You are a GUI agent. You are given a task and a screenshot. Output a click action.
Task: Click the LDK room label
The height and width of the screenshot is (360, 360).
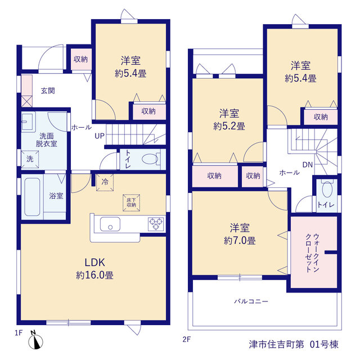coord(95,263)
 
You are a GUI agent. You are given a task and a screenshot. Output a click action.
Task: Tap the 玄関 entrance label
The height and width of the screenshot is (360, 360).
coord(48,91)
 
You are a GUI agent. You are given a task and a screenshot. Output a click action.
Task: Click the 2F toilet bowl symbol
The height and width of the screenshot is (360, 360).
coord(327,189)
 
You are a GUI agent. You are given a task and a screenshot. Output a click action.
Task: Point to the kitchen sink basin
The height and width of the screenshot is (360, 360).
coord(110,224)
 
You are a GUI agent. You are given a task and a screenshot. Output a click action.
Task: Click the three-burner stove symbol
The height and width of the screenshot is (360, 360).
coord(156,224)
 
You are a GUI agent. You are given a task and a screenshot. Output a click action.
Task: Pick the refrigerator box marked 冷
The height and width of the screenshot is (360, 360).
coord(105,182)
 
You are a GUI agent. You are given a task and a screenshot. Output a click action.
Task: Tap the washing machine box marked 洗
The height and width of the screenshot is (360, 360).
coord(30,159)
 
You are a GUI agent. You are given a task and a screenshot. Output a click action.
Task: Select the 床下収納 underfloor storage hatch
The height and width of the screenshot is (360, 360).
coord(131,202)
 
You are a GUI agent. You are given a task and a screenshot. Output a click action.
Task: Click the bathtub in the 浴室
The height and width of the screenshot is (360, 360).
coord(32,197)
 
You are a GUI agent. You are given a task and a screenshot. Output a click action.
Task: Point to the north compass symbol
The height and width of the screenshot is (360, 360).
coord(35,340)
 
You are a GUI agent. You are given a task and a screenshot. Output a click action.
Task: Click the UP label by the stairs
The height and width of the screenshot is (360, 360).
coord(100,136)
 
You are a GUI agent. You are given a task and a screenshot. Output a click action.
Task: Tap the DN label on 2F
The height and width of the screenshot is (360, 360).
coord(308,165)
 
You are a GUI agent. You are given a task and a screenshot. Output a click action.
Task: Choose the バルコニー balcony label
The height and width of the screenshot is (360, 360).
coord(251,301)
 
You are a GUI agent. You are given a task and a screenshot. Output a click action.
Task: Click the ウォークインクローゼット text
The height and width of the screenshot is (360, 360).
coord(313,253)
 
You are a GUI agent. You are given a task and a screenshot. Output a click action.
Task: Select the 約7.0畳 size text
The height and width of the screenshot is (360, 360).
coord(240,241)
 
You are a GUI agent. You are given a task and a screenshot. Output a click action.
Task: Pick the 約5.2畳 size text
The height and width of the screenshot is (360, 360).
coord(229,126)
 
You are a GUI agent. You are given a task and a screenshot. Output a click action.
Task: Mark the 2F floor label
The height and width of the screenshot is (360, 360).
coord(187,339)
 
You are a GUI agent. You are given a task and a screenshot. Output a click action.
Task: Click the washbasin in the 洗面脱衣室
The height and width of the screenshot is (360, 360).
coord(28,121)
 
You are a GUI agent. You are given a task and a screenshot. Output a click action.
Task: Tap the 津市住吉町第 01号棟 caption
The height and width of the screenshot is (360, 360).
coord(294,344)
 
